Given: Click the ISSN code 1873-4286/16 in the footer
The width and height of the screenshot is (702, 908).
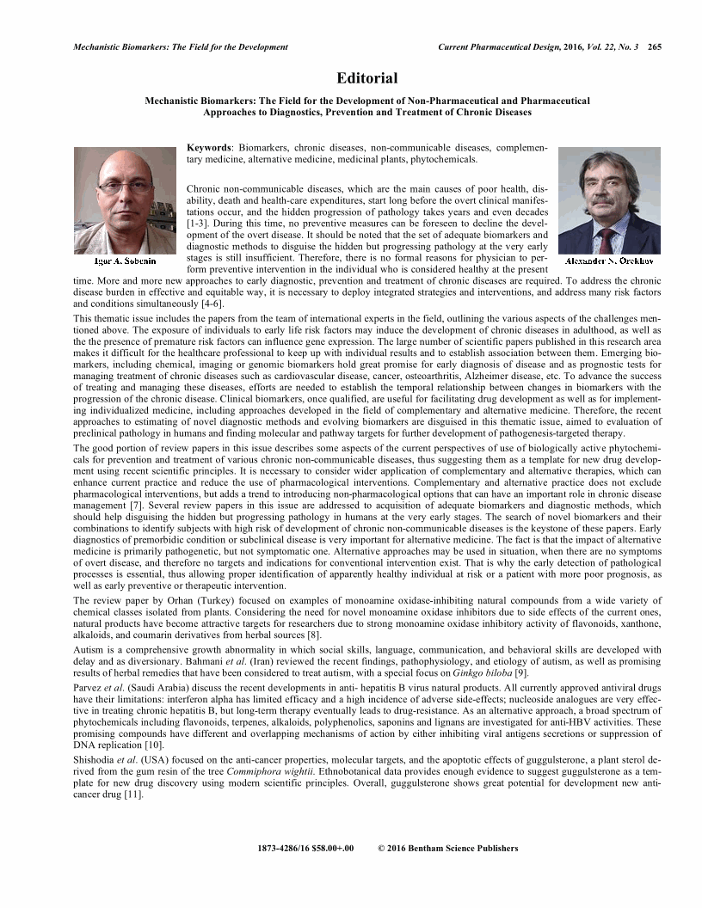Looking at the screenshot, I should tap(286, 848).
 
